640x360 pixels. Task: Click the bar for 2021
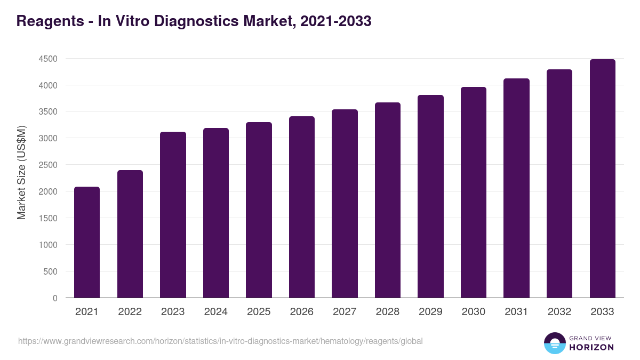[x=87, y=242]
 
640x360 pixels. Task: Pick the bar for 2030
[x=474, y=192]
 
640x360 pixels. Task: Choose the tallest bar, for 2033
[x=602, y=178]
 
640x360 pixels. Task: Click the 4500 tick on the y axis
[x=48, y=59]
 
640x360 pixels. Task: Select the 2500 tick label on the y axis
[x=48, y=165]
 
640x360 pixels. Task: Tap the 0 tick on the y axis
[x=55, y=298]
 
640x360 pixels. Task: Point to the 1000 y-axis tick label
[x=48, y=245]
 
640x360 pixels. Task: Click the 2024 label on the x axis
[x=215, y=312]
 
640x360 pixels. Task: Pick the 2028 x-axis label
[x=387, y=312]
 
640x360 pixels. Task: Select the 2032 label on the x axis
[x=559, y=312]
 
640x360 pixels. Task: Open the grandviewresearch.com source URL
[x=220, y=341]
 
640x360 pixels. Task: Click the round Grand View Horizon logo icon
[x=555, y=343]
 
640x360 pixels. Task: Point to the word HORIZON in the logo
[x=591, y=347]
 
